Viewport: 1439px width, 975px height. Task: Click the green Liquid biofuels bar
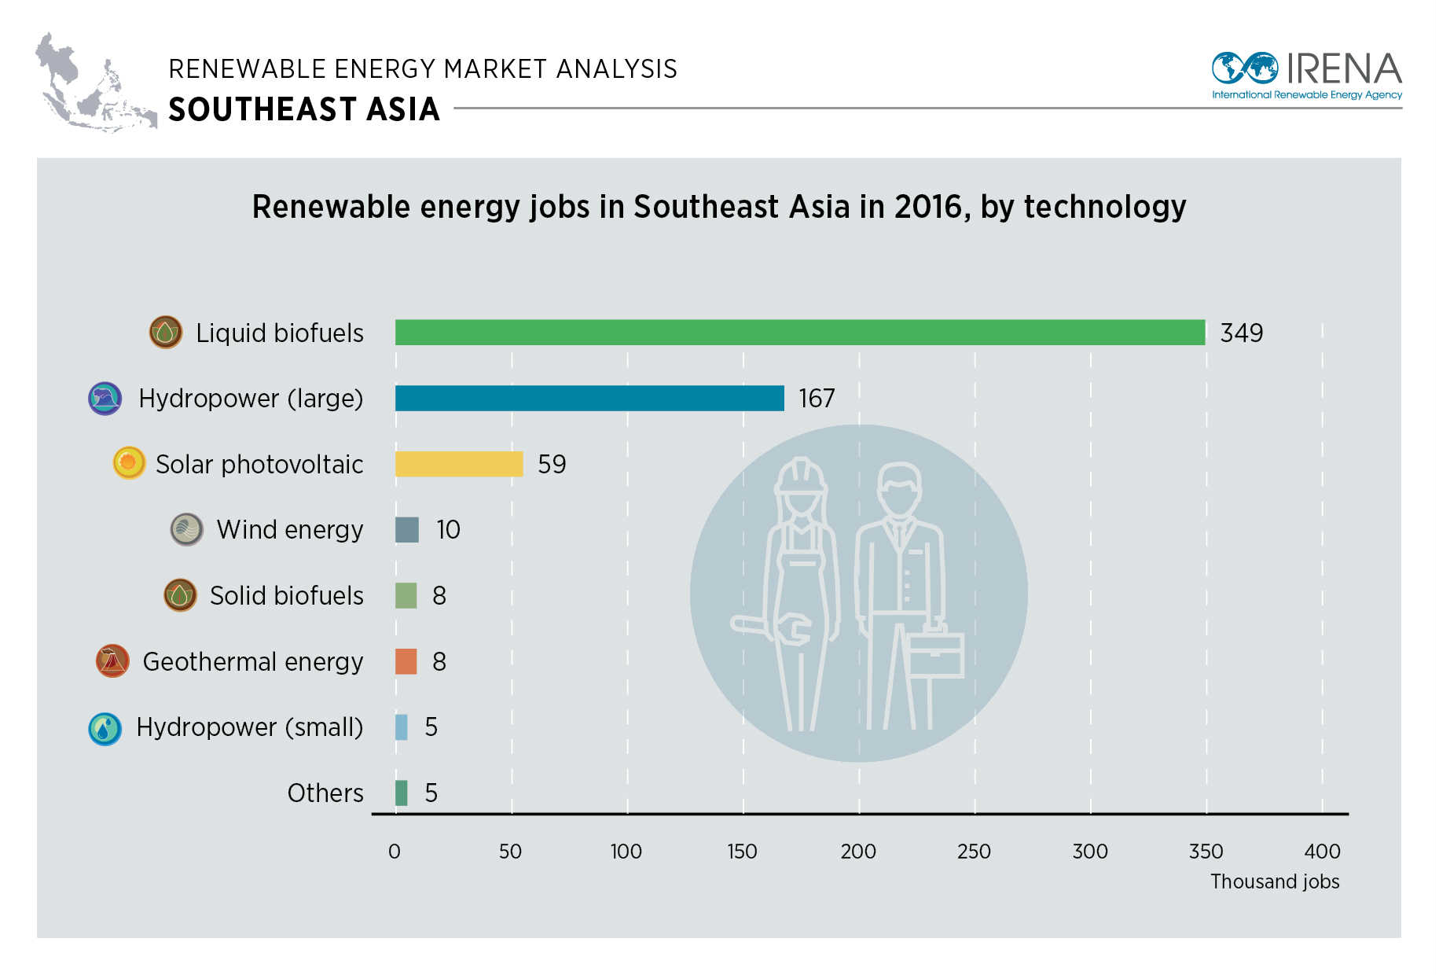[799, 333]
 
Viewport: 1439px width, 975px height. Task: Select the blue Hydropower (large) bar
[589, 398]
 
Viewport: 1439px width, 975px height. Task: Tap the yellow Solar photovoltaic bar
[459, 464]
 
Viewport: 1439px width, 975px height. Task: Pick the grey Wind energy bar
[406, 530]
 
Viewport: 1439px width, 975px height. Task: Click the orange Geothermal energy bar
[406, 661]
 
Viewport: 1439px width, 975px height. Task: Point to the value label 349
[1241, 333]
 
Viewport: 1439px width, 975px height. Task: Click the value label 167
[817, 399]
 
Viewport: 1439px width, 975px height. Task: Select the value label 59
[552, 465]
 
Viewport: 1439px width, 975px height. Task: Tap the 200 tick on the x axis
[858, 852]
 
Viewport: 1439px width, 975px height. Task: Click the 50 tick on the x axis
[510, 852]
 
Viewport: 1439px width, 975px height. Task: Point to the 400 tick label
[1322, 852]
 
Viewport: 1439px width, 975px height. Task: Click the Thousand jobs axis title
[1274, 881]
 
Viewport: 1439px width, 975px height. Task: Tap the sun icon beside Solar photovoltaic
[129, 463]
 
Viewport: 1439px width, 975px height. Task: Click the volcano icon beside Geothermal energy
[112, 661]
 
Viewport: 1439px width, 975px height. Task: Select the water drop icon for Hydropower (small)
[105, 729]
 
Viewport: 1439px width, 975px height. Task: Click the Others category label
[325, 793]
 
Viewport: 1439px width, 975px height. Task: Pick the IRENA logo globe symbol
[1245, 68]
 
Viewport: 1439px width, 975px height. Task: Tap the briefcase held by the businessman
[935, 652]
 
